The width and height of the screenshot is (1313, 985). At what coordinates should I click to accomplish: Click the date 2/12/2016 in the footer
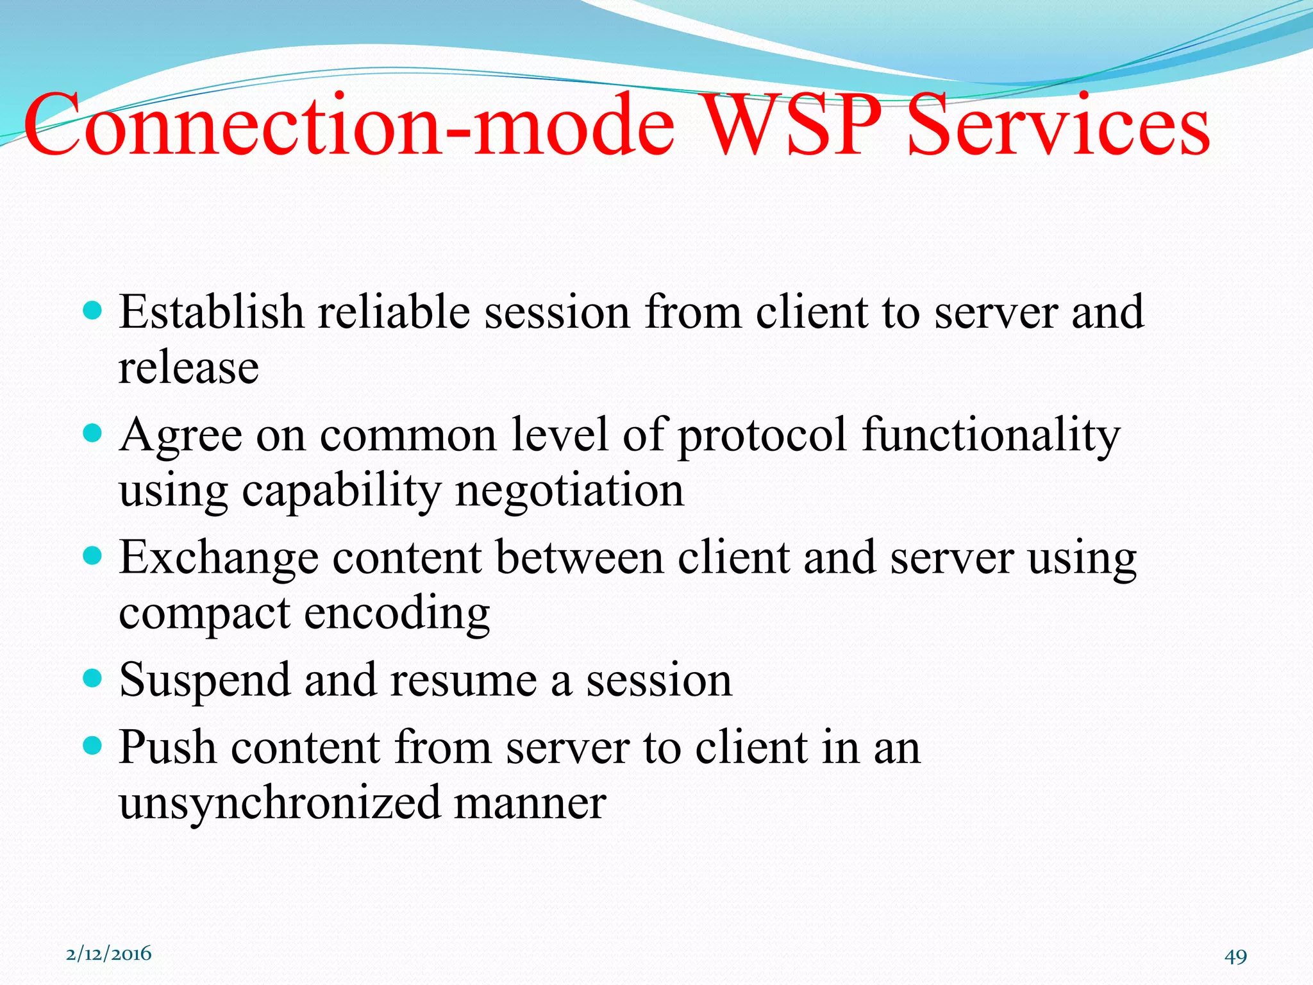pyautogui.click(x=109, y=954)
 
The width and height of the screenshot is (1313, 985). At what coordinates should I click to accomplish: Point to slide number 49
pyautogui.click(x=1235, y=956)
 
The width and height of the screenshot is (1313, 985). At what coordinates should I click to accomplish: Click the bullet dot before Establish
pyautogui.click(x=93, y=312)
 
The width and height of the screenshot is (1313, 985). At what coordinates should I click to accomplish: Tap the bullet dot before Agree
pyautogui.click(x=93, y=434)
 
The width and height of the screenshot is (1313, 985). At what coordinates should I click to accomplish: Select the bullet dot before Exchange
pyautogui.click(x=93, y=556)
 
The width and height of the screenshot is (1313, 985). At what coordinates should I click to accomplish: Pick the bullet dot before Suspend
pyautogui.click(x=93, y=678)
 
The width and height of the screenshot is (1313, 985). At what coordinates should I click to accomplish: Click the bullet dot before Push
pyautogui.click(x=93, y=745)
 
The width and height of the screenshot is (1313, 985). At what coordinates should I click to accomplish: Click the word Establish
pyautogui.click(x=212, y=312)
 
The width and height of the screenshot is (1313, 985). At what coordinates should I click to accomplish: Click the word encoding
pyautogui.click(x=397, y=614)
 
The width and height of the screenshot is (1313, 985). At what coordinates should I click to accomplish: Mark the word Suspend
pyautogui.click(x=205, y=680)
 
